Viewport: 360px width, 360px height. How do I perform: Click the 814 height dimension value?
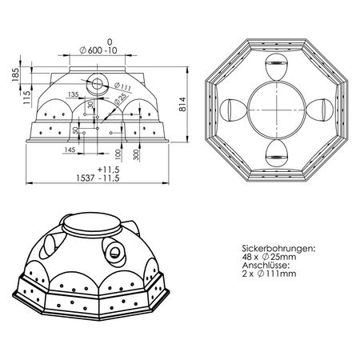[x=182, y=104]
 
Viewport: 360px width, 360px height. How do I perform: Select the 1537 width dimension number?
[x=86, y=178]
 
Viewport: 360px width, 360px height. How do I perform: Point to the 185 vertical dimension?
[x=15, y=75]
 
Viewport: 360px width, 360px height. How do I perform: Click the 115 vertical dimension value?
[x=26, y=98]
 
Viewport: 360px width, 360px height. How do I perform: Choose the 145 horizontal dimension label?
[x=70, y=150]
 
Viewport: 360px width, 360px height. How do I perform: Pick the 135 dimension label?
[x=73, y=94]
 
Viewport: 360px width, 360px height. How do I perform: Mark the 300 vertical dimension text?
[x=136, y=154]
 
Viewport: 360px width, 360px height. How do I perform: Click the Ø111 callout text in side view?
[x=122, y=87]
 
